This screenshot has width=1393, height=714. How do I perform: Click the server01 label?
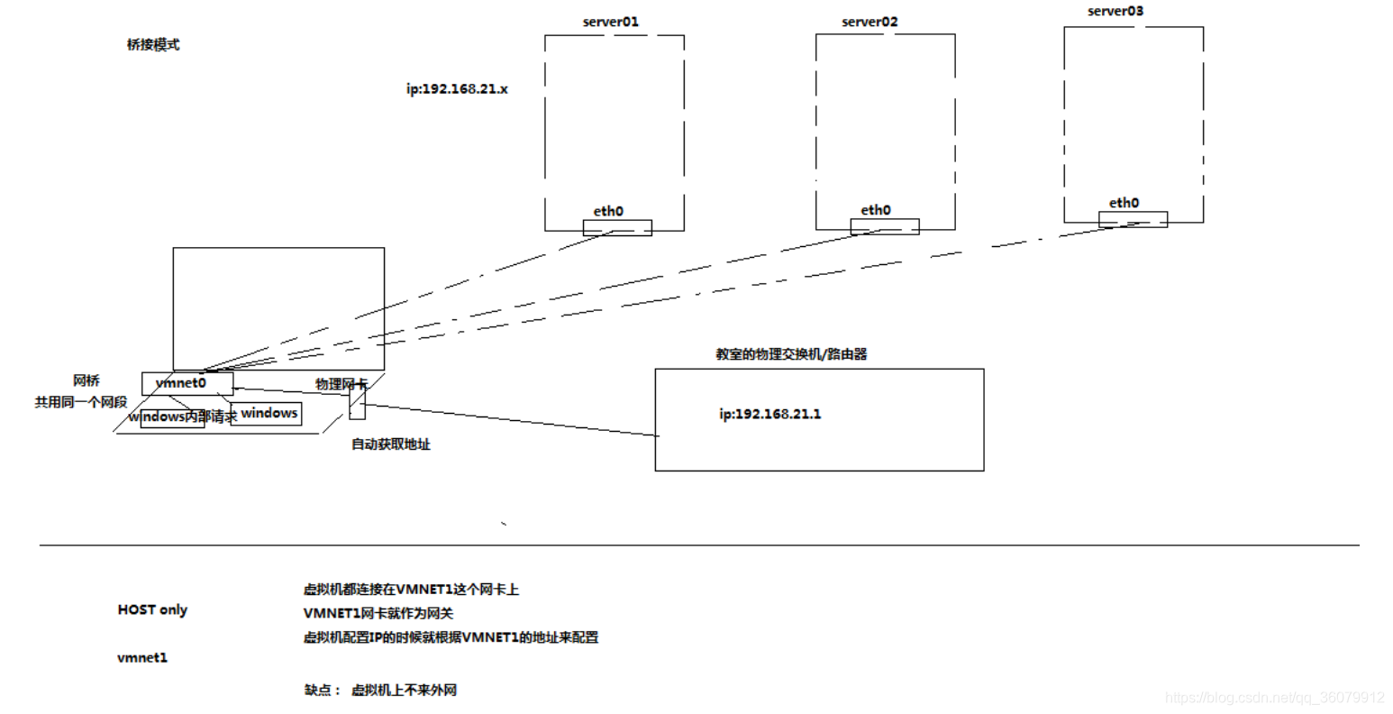coord(610,22)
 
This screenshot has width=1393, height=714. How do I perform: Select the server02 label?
coord(869,22)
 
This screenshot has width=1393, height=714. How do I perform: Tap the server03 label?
coord(1115,12)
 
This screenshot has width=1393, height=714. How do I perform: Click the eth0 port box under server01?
coord(617,228)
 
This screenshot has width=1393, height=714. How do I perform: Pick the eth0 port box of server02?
coord(885,226)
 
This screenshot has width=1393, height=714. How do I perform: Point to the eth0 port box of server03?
coord(1133,219)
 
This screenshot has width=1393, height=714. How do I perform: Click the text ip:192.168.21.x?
coord(457,89)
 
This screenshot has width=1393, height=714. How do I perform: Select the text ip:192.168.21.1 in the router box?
coord(769,414)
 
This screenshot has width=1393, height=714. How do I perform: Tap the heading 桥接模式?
coord(153,44)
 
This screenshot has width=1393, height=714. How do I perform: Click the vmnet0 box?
coord(187,383)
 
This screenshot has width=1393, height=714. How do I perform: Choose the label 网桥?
coord(86,380)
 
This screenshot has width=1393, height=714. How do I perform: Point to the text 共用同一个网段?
coord(81,402)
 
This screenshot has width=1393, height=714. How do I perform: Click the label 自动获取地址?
coord(390,444)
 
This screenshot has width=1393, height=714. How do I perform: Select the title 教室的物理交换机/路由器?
coord(791,354)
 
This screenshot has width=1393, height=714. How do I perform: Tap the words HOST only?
coord(152,609)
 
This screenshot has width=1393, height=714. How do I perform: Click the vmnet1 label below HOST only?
coord(142,657)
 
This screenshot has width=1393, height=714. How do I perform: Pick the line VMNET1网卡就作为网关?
coord(378,613)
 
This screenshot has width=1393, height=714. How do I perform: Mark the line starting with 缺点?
coord(380,690)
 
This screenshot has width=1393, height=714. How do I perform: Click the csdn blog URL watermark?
coord(1274,697)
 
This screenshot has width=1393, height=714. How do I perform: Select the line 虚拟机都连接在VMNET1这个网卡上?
coord(411,590)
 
